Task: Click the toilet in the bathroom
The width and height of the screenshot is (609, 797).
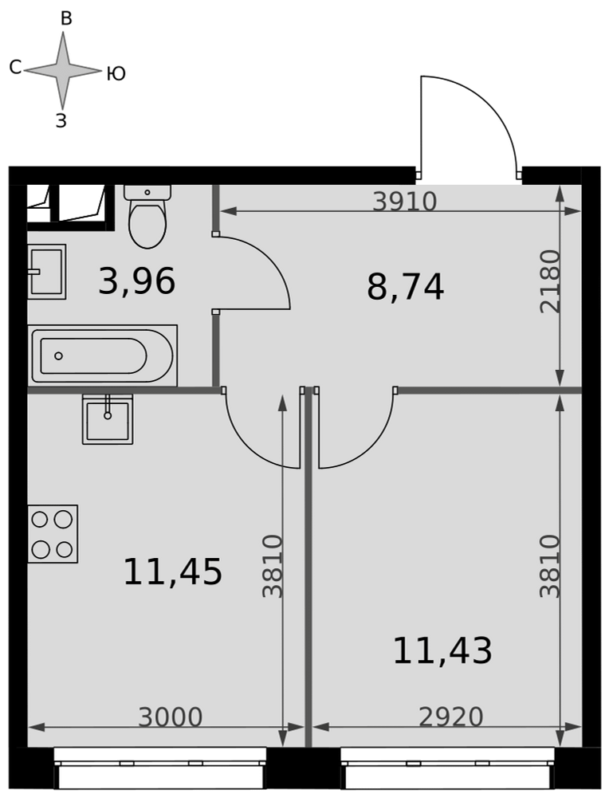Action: click(147, 217)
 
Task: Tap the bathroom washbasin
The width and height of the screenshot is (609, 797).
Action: click(47, 272)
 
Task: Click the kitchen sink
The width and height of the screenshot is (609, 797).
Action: click(108, 419)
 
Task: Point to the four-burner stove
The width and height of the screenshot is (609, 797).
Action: click(53, 534)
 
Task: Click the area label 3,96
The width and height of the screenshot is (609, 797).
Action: click(137, 281)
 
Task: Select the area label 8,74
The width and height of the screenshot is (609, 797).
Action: click(405, 287)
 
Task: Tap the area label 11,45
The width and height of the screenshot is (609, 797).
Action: click(172, 571)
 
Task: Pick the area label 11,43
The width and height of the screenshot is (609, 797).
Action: click(442, 650)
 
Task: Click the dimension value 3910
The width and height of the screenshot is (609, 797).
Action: click(405, 202)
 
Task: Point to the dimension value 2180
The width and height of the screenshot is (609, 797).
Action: click(550, 281)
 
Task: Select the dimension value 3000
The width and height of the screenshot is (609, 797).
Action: click(171, 717)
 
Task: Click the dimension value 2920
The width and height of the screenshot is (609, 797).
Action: click(451, 717)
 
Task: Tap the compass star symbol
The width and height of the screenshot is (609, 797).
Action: click(63, 70)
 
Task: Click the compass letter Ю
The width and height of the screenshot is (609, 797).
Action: click(116, 74)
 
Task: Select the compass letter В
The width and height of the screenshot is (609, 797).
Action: click(66, 19)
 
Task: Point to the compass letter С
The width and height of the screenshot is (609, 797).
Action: click(15, 67)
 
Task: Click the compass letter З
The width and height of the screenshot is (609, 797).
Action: click(61, 120)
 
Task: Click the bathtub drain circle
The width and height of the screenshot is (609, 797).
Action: click(58, 355)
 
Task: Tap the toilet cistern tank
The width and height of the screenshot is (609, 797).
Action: click(147, 192)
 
